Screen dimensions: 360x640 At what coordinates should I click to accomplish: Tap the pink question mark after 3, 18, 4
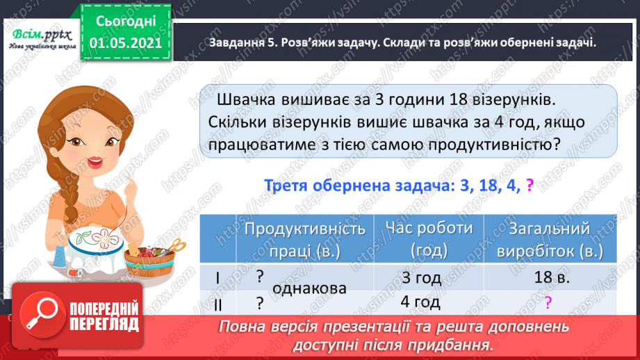pos(530,185)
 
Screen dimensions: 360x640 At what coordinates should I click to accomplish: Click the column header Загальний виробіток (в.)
pos(550,238)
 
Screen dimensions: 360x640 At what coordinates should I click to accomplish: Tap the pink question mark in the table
pos(548,302)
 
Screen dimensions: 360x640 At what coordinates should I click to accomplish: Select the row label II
pos(218,303)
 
